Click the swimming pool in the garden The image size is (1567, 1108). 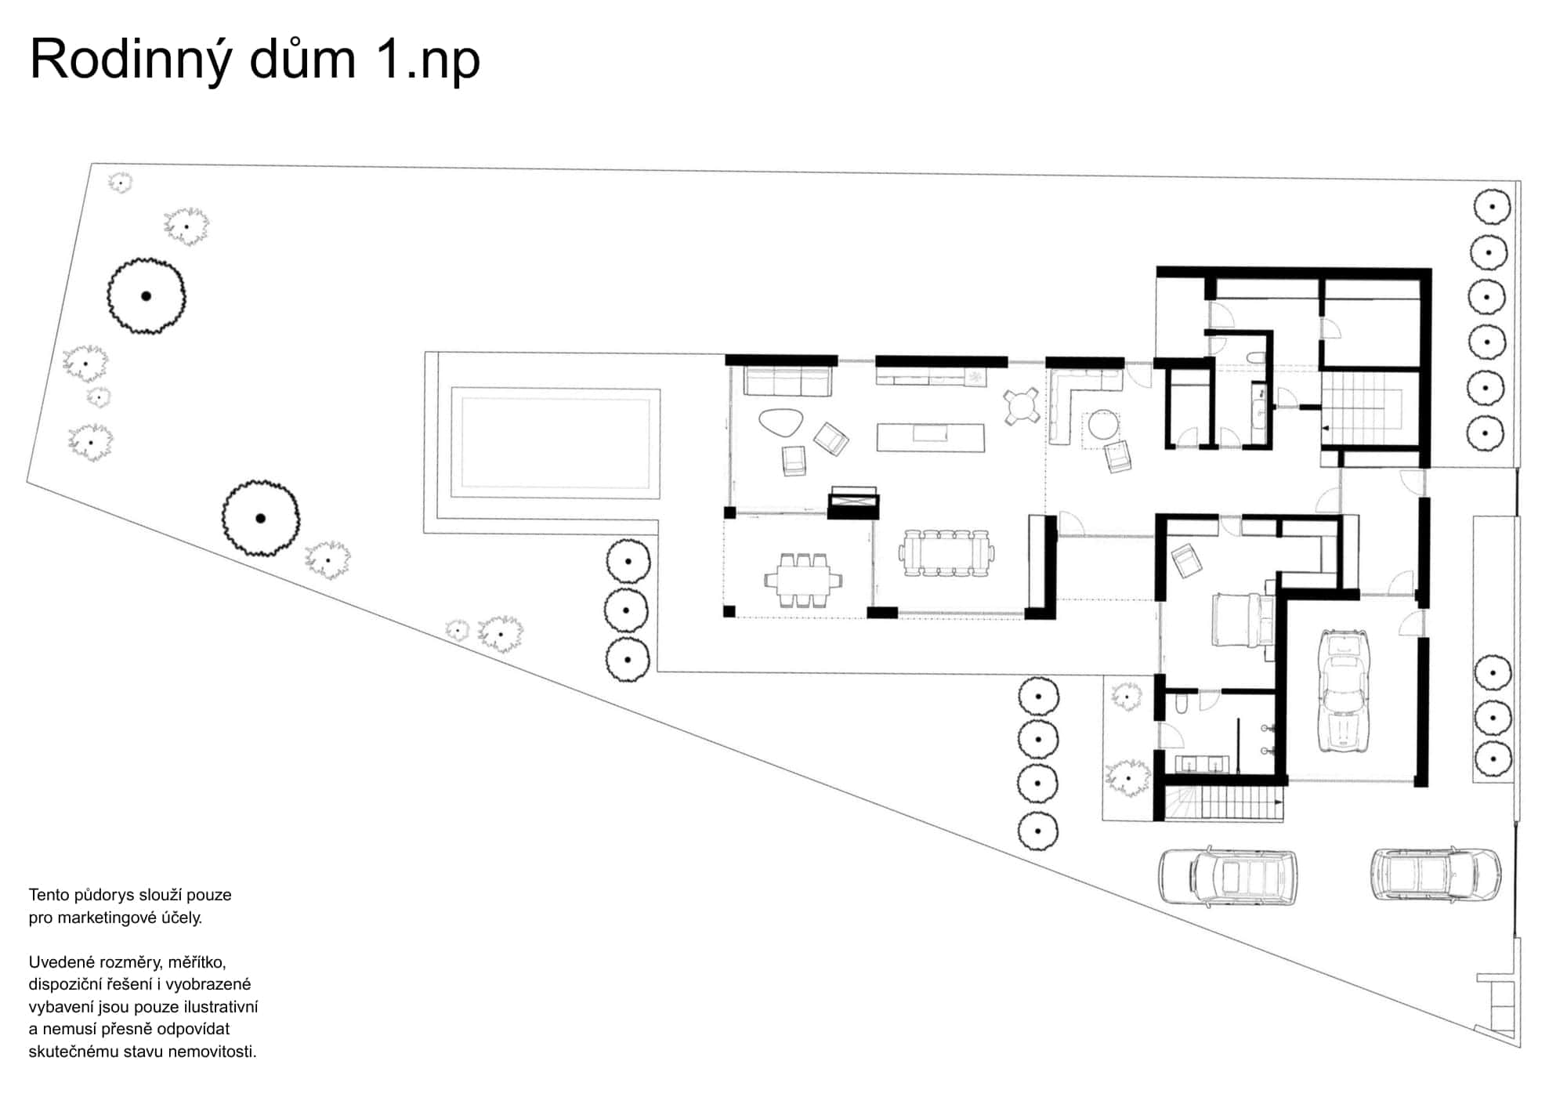click(x=556, y=444)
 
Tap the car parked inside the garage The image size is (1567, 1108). click(x=1344, y=690)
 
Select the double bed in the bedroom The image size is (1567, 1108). click(x=1242, y=620)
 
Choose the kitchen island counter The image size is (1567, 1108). click(x=930, y=437)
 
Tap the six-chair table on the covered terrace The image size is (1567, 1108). click(x=804, y=581)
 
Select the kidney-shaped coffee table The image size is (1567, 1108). click(x=780, y=423)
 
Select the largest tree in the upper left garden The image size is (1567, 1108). click(x=147, y=296)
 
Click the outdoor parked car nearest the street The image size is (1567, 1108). click(x=1435, y=874)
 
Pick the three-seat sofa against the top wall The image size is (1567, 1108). click(x=787, y=382)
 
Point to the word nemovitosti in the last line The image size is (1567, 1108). click(x=212, y=1052)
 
